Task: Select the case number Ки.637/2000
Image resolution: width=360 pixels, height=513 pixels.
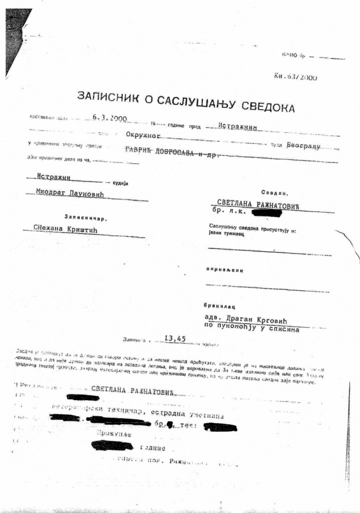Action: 296,77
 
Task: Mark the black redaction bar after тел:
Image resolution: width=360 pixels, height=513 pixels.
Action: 220,427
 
